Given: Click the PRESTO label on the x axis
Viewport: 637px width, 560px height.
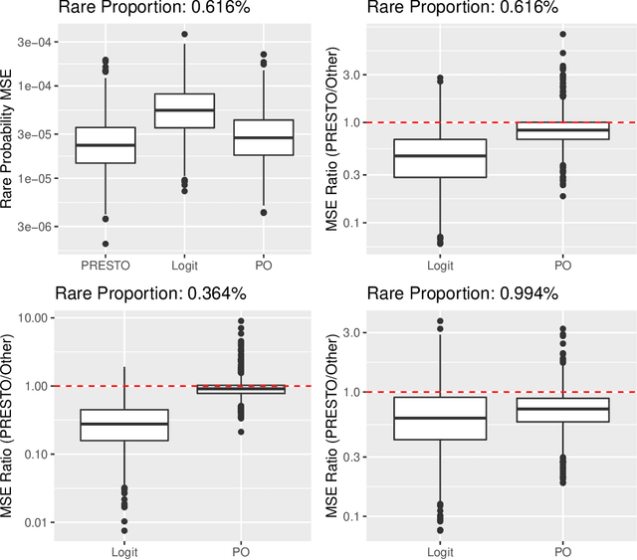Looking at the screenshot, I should pyautogui.click(x=105, y=264).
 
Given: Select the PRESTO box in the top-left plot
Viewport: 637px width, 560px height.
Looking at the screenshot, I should pyautogui.click(x=105, y=145).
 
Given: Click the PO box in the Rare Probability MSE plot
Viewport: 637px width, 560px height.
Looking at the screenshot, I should pyautogui.click(x=265, y=137).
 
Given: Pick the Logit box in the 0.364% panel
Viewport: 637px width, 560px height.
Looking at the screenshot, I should pyautogui.click(x=123, y=425).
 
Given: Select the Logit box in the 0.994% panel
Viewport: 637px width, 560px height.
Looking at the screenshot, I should pyautogui.click(x=440, y=418).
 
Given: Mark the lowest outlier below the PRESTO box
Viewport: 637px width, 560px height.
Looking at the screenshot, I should pyautogui.click(x=105, y=244).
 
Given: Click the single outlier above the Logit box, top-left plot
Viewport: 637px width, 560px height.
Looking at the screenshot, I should pyautogui.click(x=185, y=35).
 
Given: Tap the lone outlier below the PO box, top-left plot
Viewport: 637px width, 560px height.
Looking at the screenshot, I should pyautogui.click(x=265, y=212).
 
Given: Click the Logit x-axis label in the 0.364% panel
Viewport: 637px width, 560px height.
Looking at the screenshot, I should pyautogui.click(x=123, y=550).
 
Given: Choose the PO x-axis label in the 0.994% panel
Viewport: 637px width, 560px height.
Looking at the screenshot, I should pyautogui.click(x=562, y=550).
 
